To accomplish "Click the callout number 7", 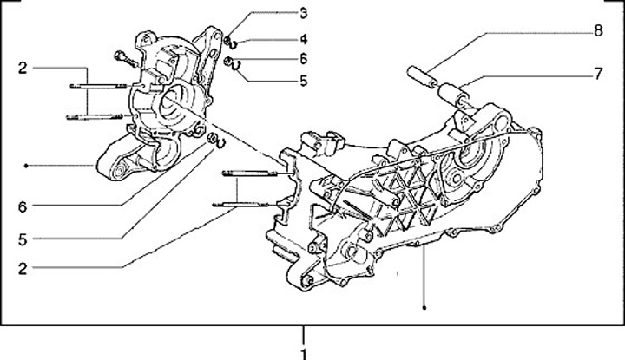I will coord(597,74).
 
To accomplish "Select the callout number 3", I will coord(304,13).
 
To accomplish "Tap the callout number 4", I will coord(304,39).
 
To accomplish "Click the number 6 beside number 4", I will coord(304,59).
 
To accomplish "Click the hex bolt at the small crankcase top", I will coord(121,59).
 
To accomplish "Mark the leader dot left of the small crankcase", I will coord(27,165).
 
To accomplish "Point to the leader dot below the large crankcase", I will coord(424,306).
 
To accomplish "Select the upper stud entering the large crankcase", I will coord(247,171).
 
